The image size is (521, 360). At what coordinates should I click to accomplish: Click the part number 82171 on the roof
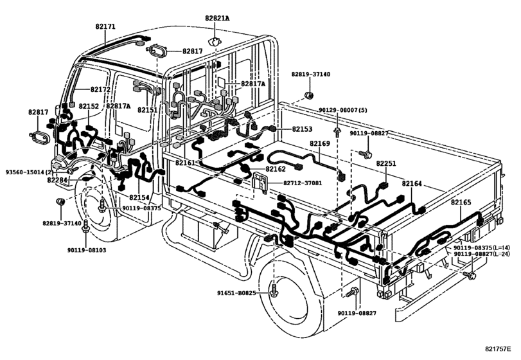pos(105,26)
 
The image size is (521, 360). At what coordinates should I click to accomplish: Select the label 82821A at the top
pos(217,19)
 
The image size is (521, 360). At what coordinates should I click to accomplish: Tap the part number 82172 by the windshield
pos(100,89)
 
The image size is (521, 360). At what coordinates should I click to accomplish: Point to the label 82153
pos(302,129)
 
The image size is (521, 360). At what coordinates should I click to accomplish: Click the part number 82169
pos(320,143)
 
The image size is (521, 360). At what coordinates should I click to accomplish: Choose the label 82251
pos(386,163)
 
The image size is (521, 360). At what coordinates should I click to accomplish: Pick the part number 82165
pos(461,203)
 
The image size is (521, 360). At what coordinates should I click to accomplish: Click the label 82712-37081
pos(303,183)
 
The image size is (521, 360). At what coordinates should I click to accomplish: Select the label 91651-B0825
pos(236,293)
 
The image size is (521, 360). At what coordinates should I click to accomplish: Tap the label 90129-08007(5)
pos(343,110)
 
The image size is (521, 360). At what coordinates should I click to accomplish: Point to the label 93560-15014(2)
pos(30,172)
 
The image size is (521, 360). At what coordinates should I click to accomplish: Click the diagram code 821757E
pos(497,348)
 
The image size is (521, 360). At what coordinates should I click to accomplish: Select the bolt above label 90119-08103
pos(85,226)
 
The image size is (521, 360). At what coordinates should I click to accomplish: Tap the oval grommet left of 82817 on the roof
pos(157,52)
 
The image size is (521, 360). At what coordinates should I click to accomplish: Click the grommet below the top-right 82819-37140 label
pos(309,95)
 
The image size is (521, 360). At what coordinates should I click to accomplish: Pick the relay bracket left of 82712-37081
pos(261,182)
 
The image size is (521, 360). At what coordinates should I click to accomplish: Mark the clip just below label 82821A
pos(215,42)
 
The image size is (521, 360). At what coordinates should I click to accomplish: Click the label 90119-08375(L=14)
pos(482,248)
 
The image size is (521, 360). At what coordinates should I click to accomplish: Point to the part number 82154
pos(139,197)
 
